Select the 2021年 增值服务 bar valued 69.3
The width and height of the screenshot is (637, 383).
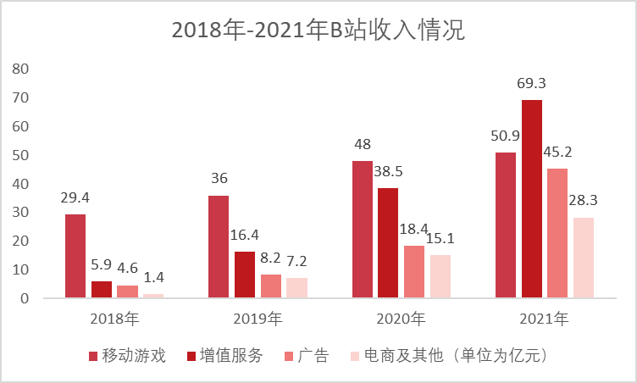[532, 199]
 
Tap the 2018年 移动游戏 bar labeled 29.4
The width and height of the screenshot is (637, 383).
[75, 256]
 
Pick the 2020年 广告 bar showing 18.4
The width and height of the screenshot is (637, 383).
[413, 272]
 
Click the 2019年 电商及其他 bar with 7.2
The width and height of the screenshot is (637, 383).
[296, 288]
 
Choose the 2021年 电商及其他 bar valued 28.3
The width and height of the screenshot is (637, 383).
[584, 258]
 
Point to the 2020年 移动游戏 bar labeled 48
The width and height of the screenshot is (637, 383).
[363, 229]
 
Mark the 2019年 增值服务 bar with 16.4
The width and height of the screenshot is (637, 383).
[245, 275]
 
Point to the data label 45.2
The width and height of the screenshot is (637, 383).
[558, 151]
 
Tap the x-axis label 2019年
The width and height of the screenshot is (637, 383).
[258, 319]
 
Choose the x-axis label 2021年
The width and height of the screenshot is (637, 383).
[545, 319]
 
